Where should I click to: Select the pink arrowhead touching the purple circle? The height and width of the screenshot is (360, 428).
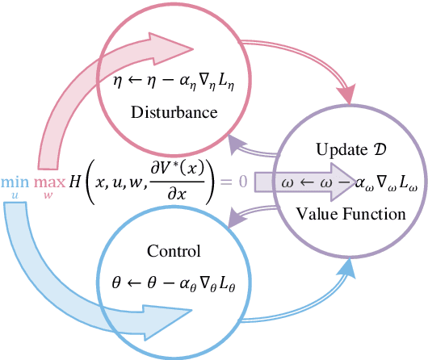(x=346, y=95)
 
